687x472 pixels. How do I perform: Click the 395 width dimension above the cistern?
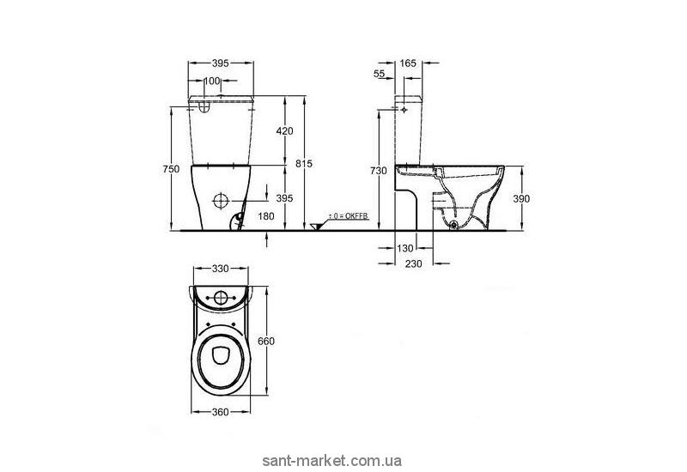tap(221, 63)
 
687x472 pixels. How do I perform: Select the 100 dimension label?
tap(212, 81)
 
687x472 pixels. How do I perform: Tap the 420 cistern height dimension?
tap(284, 130)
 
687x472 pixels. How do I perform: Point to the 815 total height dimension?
tap(304, 163)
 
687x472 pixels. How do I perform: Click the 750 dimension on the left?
tap(171, 168)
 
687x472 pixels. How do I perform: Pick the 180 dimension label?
tap(266, 216)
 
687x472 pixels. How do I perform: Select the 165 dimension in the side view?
tap(407, 63)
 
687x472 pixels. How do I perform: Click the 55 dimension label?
tap(379, 74)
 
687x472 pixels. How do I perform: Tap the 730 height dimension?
tap(379, 171)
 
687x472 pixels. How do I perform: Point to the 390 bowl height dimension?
tap(521, 199)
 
